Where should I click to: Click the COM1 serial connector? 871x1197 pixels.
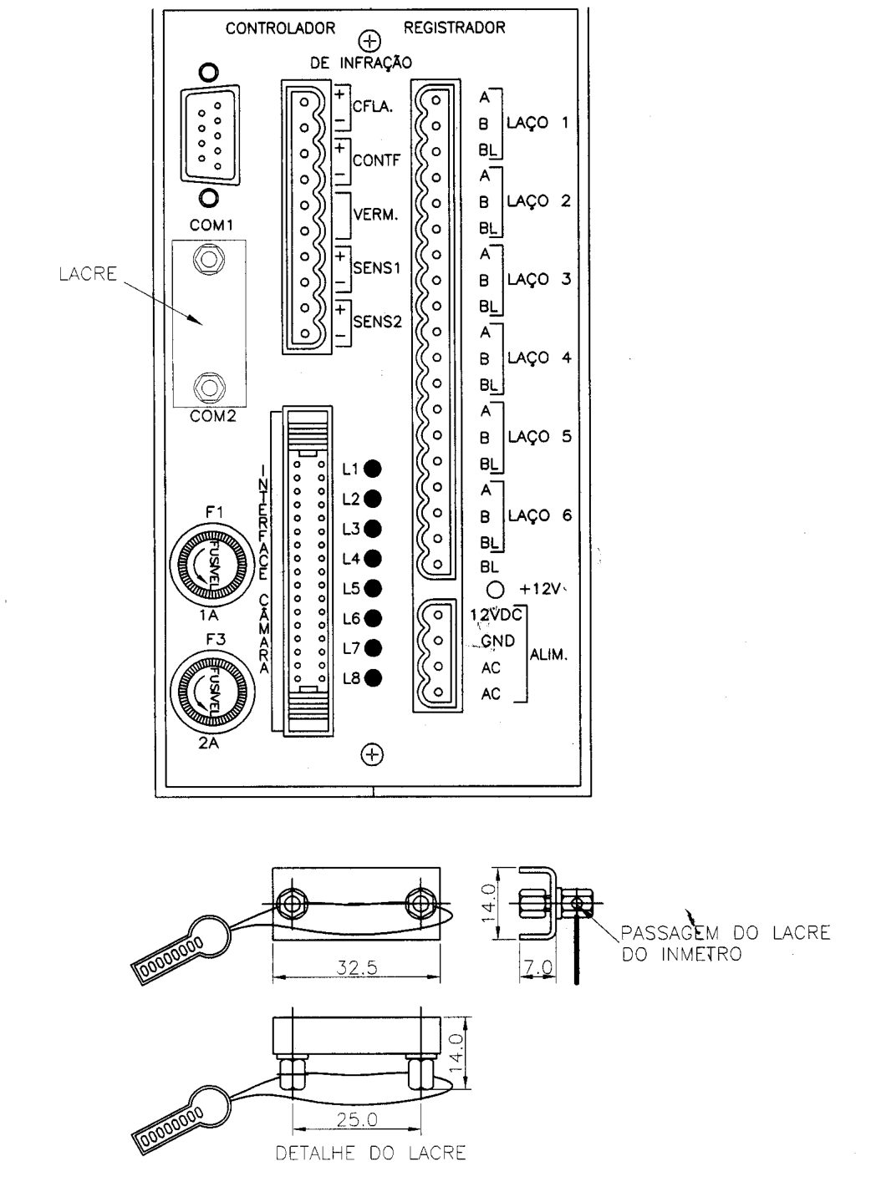pos(210,135)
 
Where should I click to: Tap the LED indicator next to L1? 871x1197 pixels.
pos(372,469)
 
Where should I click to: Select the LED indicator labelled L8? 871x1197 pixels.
pos(372,678)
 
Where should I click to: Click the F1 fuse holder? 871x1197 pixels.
pos(211,565)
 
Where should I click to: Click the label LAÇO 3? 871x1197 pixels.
pos(539,280)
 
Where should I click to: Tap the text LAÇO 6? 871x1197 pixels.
pos(539,515)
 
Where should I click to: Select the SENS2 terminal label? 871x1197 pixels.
pos(377,322)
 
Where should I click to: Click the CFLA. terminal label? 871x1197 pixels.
pos(373,106)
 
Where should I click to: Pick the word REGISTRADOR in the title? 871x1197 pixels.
pos(454,28)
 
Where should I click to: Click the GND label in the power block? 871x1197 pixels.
pos(497,641)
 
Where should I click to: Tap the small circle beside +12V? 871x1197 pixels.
pos(496,590)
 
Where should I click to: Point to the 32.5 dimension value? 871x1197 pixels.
pos(357,967)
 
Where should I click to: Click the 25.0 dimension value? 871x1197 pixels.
pos(357,1119)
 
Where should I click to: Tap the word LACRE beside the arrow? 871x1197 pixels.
pos(88,274)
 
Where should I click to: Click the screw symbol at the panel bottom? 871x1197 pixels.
pos(372,754)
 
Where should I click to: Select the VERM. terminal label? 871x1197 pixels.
pos(376,215)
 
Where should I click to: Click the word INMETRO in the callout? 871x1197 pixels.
pos(701,955)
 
